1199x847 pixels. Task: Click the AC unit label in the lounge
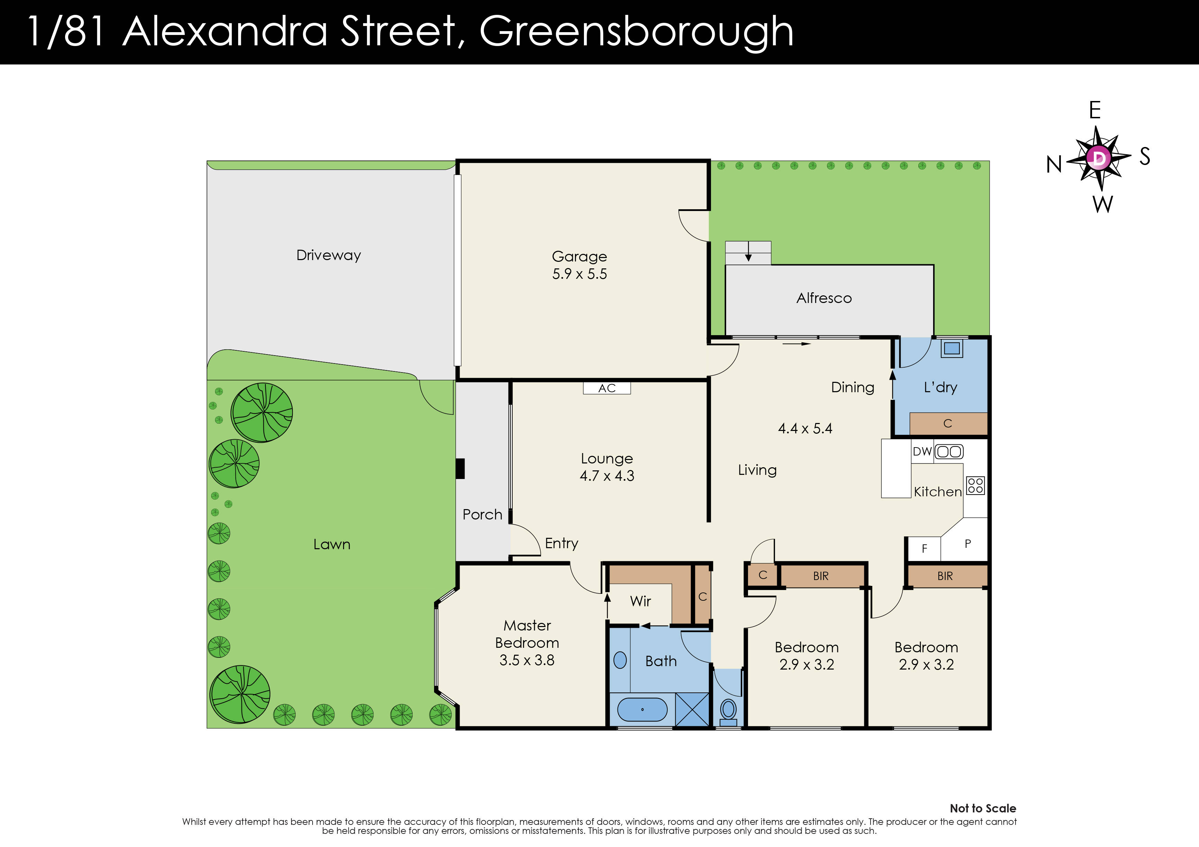(607, 388)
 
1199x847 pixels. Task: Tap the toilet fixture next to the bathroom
(728, 711)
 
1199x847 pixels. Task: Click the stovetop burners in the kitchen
(975, 485)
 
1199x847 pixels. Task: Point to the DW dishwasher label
(922, 451)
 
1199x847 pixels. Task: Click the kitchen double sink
(949, 451)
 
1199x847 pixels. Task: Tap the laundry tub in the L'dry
(952, 348)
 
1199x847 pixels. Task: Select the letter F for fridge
(924, 549)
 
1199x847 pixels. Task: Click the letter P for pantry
(968, 544)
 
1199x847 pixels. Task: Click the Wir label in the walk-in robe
(640, 601)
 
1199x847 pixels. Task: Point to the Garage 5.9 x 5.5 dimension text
(580, 274)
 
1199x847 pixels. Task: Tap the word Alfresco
(824, 298)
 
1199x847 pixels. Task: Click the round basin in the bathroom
(620, 660)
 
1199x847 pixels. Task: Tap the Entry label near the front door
(561, 543)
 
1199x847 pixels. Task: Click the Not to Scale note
(983, 808)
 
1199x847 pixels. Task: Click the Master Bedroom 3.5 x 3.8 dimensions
(527, 660)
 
